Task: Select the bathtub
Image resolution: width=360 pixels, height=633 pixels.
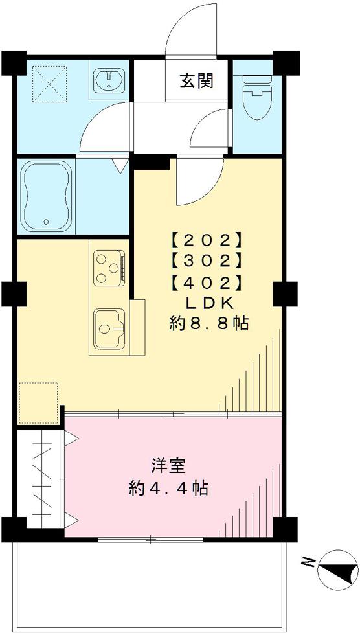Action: (x=46, y=196)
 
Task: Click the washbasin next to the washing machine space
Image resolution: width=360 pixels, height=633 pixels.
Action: (x=109, y=81)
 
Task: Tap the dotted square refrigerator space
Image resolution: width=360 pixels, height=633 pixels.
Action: (x=38, y=403)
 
